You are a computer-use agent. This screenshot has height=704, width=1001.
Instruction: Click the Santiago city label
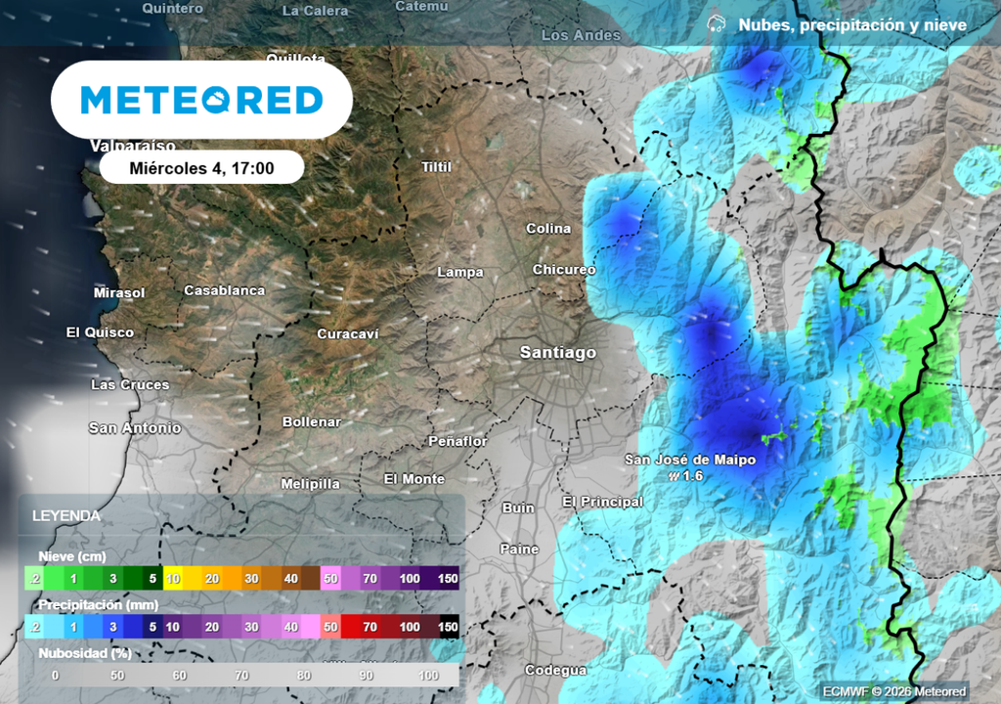pos(557,352)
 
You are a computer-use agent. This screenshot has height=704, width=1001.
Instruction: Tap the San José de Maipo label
pos(690,459)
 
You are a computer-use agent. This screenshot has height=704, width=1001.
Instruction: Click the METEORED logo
pos(201,100)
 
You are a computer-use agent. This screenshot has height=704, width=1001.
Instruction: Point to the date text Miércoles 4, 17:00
pos(201,168)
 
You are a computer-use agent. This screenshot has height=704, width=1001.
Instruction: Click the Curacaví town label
pos(347,333)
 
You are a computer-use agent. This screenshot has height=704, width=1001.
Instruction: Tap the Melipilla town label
pos(310,483)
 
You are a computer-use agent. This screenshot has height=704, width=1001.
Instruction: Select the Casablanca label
pos(224,290)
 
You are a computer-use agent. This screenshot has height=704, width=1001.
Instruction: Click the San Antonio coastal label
pos(135,427)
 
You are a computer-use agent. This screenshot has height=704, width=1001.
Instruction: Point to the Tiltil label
pos(436,166)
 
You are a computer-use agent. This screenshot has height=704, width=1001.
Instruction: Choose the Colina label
pos(548,228)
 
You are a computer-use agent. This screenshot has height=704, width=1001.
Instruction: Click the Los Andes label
pos(581,35)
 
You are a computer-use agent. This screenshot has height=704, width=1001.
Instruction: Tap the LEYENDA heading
pos(65,515)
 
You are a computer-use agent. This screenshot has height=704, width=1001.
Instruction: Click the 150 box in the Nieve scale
pos(447,579)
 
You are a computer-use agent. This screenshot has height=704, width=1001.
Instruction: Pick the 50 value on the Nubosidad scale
pos(118,675)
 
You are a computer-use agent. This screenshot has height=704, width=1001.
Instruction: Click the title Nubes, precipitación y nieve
pos(852,25)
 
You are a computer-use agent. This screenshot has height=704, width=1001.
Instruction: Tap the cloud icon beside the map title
pos(717,24)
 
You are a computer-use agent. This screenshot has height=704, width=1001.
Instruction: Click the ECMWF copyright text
pos(892,691)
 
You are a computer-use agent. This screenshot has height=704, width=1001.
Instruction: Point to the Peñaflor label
pos(457,441)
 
